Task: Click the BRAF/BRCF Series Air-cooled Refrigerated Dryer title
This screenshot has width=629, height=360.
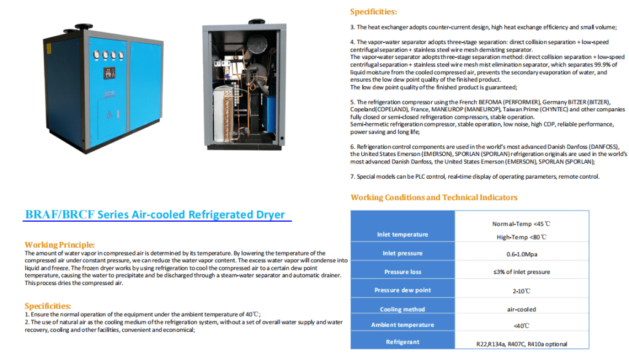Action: pyautogui.click(x=155, y=214)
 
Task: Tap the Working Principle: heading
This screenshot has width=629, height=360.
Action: pyautogui.click(x=60, y=245)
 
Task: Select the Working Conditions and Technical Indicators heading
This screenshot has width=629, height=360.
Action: pyautogui.click(x=434, y=197)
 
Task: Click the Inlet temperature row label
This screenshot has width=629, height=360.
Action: pyautogui.click(x=402, y=234)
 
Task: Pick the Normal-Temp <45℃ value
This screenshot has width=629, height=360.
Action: pyautogui.click(x=522, y=224)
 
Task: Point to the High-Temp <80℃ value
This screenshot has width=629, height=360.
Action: pyautogui.click(x=522, y=237)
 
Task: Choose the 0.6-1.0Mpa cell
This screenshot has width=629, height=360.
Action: pyautogui.click(x=522, y=254)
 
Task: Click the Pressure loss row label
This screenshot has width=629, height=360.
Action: pyautogui.click(x=402, y=272)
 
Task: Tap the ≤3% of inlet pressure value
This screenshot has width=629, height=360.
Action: pyautogui.click(x=522, y=272)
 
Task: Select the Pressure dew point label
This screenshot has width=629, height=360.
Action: pyautogui.click(x=402, y=290)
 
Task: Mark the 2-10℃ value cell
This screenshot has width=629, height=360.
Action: pyautogui.click(x=522, y=290)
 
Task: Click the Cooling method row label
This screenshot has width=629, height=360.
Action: pyautogui.click(x=402, y=310)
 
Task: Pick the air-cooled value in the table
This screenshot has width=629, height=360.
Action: pyautogui.click(x=522, y=310)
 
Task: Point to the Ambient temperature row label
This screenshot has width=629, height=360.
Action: pyautogui.click(x=402, y=325)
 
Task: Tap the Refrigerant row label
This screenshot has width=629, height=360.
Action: pyautogui.click(x=402, y=342)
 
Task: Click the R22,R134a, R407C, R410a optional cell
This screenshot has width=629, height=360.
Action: pyautogui.click(x=522, y=344)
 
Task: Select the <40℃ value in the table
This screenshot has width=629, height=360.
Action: pyautogui.click(x=522, y=325)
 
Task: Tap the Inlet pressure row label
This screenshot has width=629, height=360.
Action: pyautogui.click(x=402, y=253)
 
